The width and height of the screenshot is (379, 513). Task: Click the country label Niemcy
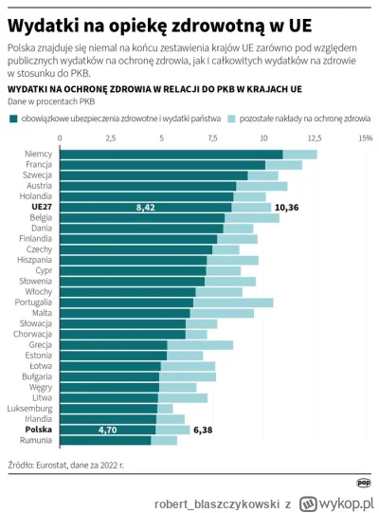[x=39, y=154]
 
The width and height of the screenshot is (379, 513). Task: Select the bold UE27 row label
[x=42, y=206]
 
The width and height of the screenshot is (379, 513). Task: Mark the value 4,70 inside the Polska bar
[x=109, y=430]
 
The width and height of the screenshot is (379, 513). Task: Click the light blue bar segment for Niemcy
[x=299, y=154]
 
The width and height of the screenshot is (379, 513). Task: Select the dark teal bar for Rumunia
[x=105, y=440]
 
